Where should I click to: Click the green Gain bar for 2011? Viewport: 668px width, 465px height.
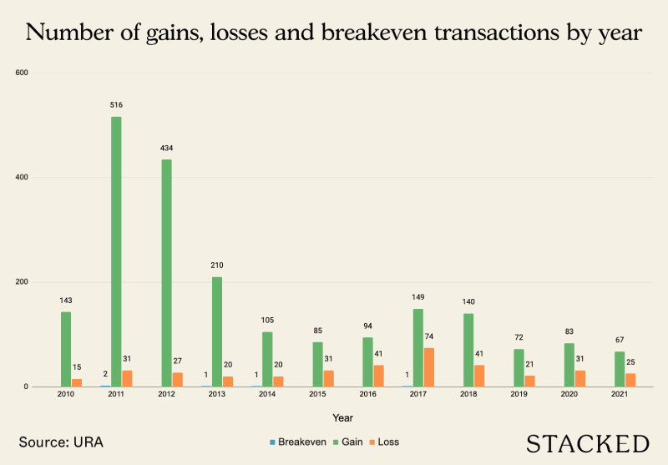pyautogui.click(x=116, y=251)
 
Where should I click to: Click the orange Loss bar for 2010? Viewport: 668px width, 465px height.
pyautogui.click(x=77, y=382)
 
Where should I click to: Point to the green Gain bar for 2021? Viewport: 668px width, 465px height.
pyautogui.click(x=619, y=369)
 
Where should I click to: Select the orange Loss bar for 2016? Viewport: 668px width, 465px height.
pyautogui.click(x=378, y=376)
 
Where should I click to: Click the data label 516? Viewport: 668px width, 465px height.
pyautogui.click(x=116, y=105)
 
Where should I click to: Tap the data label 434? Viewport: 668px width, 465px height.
pyautogui.click(x=166, y=148)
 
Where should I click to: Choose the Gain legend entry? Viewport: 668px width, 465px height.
pyautogui.click(x=355, y=442)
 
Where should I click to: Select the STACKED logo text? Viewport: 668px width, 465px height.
pyautogui.click(x=588, y=442)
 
